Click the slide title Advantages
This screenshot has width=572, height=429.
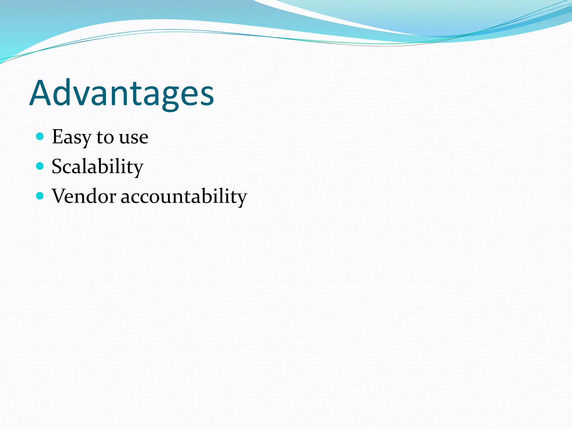click(121, 94)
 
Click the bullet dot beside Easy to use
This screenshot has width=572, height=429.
click(40, 136)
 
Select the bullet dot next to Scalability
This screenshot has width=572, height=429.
click(40, 166)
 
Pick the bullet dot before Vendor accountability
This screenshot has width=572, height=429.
click(40, 196)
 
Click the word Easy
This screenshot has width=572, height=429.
click(71, 137)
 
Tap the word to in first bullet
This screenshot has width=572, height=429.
click(105, 137)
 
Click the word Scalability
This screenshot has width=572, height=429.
click(97, 167)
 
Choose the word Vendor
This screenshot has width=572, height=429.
click(84, 196)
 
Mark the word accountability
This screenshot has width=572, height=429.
click(184, 197)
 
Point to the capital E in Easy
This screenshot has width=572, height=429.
click(58, 137)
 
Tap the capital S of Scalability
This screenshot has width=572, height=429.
click(57, 166)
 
